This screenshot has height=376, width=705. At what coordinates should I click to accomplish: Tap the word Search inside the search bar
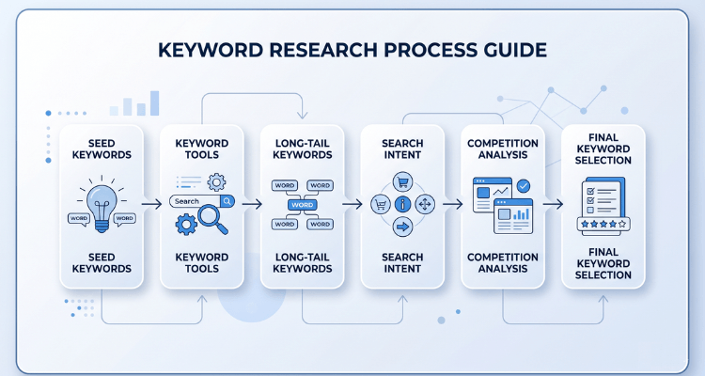coord(187,201)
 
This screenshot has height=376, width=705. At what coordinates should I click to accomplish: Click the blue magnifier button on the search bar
coord(227,201)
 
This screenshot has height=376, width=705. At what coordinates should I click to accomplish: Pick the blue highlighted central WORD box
coord(303,204)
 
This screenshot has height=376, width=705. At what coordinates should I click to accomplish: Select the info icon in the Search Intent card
coord(402,204)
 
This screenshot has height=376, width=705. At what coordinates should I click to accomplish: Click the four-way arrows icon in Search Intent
coord(424,204)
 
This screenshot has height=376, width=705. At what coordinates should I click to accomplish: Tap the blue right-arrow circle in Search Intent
coord(402,227)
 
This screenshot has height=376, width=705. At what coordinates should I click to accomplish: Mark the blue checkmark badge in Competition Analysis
coord(523,187)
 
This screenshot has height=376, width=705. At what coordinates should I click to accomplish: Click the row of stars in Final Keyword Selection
coord(603,225)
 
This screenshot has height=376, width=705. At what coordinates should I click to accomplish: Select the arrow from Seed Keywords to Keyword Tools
coord(149,203)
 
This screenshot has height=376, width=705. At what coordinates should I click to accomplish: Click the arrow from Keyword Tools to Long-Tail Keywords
coord(250,203)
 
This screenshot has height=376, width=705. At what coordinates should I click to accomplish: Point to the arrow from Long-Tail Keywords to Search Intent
coord(351,203)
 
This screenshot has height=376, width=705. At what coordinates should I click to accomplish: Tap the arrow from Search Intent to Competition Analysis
coord(451,203)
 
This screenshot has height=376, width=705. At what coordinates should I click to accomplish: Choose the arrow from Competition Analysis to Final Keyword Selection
coord(552,203)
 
